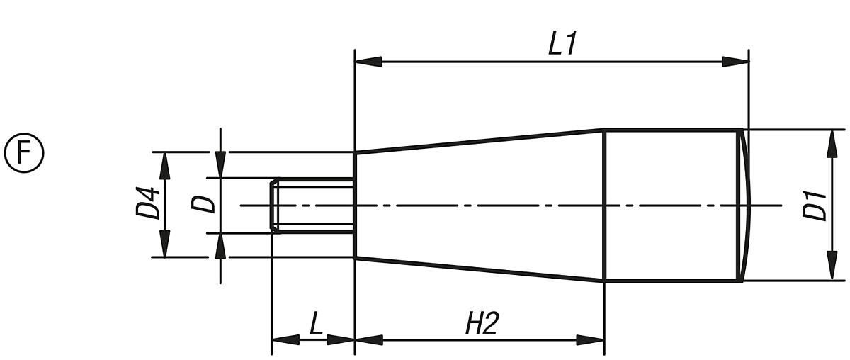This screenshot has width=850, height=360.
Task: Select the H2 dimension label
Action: pyautogui.click(x=482, y=324)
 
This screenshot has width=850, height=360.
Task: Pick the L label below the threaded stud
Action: pyautogui.click(x=316, y=324)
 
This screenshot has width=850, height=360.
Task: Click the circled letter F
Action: pyautogui.click(x=24, y=153)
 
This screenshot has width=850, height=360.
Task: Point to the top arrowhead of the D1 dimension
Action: pyautogui.click(x=829, y=142)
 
